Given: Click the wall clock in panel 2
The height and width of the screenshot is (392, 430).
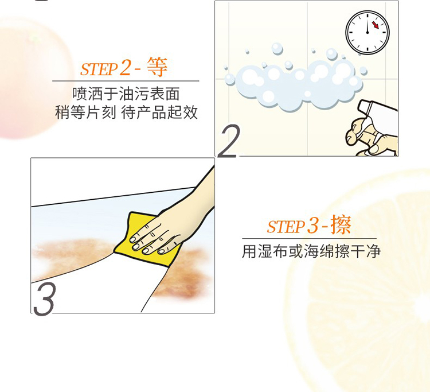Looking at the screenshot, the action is click(x=367, y=32).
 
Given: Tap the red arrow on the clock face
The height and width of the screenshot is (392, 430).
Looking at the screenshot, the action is click(x=375, y=25).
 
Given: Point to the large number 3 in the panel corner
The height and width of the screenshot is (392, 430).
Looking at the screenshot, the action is click(x=44, y=298).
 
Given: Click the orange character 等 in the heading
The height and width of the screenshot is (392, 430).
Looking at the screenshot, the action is click(x=157, y=67).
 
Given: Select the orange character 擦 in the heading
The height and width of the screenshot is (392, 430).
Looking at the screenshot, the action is click(x=341, y=225).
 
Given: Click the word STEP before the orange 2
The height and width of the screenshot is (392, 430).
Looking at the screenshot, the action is click(x=99, y=69).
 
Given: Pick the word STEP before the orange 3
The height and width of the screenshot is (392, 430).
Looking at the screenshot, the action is click(x=286, y=227).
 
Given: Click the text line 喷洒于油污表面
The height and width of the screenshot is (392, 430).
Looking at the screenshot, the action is click(x=126, y=94).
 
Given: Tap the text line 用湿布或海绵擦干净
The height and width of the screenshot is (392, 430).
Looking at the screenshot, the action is click(x=311, y=251).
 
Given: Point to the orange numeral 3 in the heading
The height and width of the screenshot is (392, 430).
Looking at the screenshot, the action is click(x=312, y=226).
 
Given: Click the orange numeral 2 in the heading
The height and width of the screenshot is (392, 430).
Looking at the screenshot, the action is click(x=125, y=68).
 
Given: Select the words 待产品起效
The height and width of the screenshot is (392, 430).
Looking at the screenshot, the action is click(x=159, y=112).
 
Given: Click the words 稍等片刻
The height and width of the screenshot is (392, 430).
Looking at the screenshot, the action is click(x=85, y=112).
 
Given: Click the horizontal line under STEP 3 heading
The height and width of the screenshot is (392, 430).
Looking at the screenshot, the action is click(x=310, y=239).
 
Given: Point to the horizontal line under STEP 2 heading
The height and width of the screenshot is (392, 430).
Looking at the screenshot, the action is click(x=126, y=81).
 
